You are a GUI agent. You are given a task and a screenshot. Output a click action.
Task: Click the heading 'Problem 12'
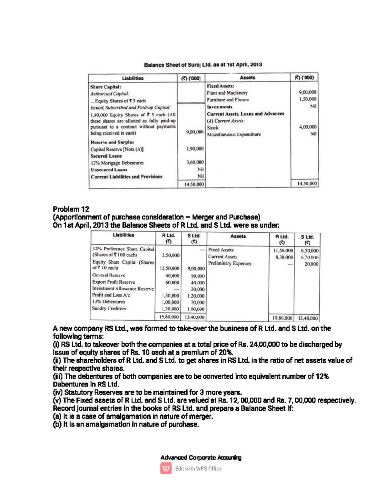71,209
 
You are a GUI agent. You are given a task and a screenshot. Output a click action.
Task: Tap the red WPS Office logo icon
166,468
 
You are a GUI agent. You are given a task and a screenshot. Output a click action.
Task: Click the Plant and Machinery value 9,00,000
307,92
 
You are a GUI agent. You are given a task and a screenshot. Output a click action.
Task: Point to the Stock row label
213,128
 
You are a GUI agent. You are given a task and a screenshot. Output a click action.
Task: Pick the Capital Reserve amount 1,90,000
195,149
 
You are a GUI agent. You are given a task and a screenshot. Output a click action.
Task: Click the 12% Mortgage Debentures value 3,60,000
195,162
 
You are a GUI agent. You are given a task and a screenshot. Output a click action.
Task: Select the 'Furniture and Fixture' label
228,100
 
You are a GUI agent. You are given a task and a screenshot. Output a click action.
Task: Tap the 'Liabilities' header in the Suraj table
133,78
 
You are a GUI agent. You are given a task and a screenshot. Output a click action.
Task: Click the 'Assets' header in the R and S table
238,236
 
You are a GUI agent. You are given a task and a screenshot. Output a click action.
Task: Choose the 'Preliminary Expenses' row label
230,264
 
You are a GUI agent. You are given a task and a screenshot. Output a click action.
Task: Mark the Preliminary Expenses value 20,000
311,264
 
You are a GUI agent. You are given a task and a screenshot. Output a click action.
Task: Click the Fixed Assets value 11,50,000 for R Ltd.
283,250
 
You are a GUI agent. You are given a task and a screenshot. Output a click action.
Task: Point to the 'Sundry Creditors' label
109,308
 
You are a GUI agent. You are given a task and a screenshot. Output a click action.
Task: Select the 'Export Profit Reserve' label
114,282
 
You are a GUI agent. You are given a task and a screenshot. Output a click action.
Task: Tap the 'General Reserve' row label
109,275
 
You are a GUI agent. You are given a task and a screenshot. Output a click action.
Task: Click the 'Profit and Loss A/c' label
111,295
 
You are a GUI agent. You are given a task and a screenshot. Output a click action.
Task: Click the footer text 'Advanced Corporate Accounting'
201,457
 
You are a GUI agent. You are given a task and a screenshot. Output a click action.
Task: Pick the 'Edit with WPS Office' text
198,468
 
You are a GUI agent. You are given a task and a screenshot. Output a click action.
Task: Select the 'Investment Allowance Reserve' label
123,288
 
